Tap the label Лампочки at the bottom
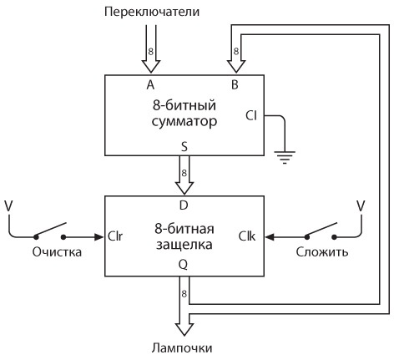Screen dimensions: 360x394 [x=182, y=348]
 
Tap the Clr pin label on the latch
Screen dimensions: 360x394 [x=116, y=236]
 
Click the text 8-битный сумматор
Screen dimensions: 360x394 [x=183, y=114]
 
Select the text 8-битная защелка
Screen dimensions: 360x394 [x=183, y=236]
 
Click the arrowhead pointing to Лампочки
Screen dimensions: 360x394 [x=183, y=327]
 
